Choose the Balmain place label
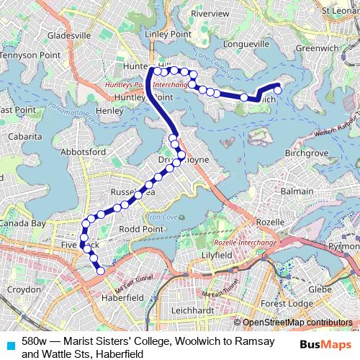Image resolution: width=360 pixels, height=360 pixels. click(x=297, y=192)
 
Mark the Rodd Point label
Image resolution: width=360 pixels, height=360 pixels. click(x=141, y=229)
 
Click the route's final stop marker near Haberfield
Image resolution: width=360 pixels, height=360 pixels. click(x=101, y=271)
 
